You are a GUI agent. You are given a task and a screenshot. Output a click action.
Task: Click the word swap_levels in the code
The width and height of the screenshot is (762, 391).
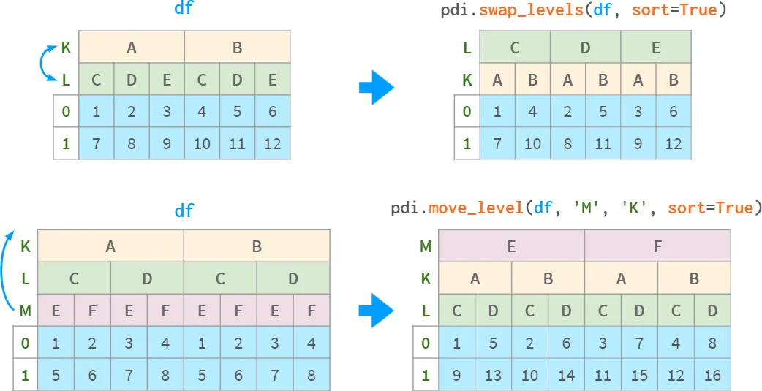[x=531, y=10]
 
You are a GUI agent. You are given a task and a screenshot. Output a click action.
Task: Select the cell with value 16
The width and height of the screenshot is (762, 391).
[x=712, y=375]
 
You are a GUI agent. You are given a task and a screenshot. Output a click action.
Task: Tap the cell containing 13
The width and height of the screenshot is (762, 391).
[x=494, y=375]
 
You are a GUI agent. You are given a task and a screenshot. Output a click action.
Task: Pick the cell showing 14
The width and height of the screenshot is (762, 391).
[x=566, y=375]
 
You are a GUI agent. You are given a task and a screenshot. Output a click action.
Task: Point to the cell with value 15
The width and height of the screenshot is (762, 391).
[x=639, y=375]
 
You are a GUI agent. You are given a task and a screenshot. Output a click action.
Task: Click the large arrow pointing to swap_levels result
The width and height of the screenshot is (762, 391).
[x=377, y=88]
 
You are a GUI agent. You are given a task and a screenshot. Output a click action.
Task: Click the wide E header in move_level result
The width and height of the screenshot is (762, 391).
[x=511, y=246]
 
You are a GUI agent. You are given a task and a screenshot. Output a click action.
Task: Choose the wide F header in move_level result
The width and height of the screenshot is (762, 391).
[x=657, y=246]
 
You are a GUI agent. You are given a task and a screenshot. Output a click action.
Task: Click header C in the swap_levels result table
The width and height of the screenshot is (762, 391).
[x=515, y=48]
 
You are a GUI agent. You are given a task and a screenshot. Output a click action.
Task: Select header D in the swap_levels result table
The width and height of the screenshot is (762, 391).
[x=585, y=48]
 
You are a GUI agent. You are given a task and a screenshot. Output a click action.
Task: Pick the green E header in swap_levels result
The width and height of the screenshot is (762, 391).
[x=655, y=48]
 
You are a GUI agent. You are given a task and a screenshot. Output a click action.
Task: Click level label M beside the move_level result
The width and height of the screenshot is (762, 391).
[x=426, y=247]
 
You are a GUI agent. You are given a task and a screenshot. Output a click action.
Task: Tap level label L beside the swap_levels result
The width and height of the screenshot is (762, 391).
[x=467, y=48]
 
